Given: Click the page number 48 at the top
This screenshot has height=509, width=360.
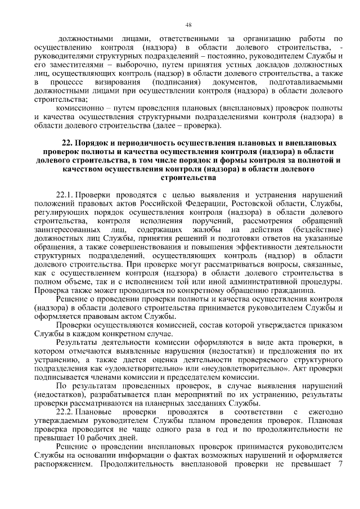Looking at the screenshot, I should coord(188,25).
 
